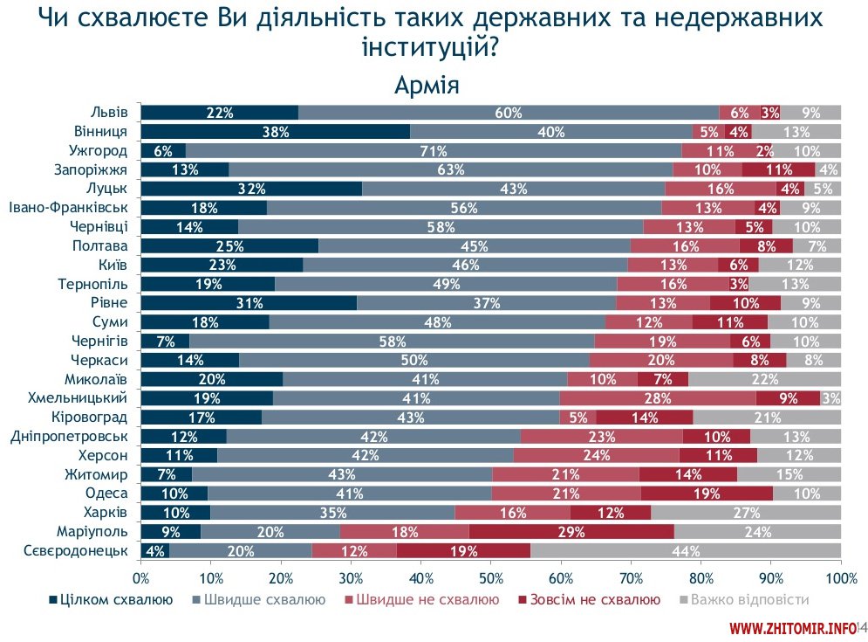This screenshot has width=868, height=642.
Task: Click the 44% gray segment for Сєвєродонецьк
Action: tap(686, 550)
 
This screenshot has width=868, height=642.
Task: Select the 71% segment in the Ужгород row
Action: tap(433, 150)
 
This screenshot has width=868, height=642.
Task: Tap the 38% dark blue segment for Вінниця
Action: tap(276, 131)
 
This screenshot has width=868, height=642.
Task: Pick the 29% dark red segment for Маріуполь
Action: tap(571, 531)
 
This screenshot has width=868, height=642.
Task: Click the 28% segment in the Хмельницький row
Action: tap(657, 397)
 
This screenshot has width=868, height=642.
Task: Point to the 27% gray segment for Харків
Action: tap(746, 512)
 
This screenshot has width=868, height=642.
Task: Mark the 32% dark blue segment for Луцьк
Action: tap(251, 189)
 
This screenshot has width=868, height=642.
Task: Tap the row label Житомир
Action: tap(97, 473)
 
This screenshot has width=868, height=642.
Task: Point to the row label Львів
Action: tap(109, 112)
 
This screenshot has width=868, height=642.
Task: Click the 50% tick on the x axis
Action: tap(490, 578)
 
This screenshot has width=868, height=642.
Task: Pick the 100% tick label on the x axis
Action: tap(840, 578)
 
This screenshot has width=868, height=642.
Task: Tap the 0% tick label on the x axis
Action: tap(140, 578)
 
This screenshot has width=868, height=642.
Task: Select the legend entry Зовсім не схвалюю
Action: tap(589, 600)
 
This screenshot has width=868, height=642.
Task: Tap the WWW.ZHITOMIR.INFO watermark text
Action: tap(792, 628)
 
